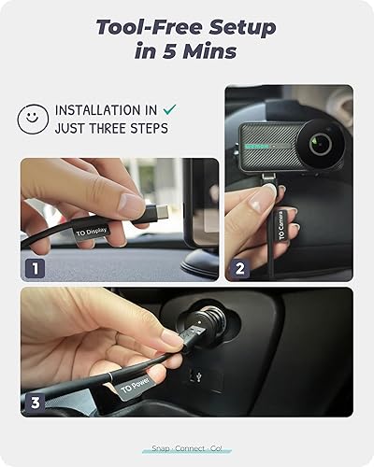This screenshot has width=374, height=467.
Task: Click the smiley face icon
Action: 32,119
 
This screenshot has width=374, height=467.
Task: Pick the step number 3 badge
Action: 34,403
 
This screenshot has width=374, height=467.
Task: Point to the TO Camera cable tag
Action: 280,223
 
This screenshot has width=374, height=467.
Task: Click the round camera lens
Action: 320,143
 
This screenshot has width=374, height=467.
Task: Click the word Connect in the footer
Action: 186,448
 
